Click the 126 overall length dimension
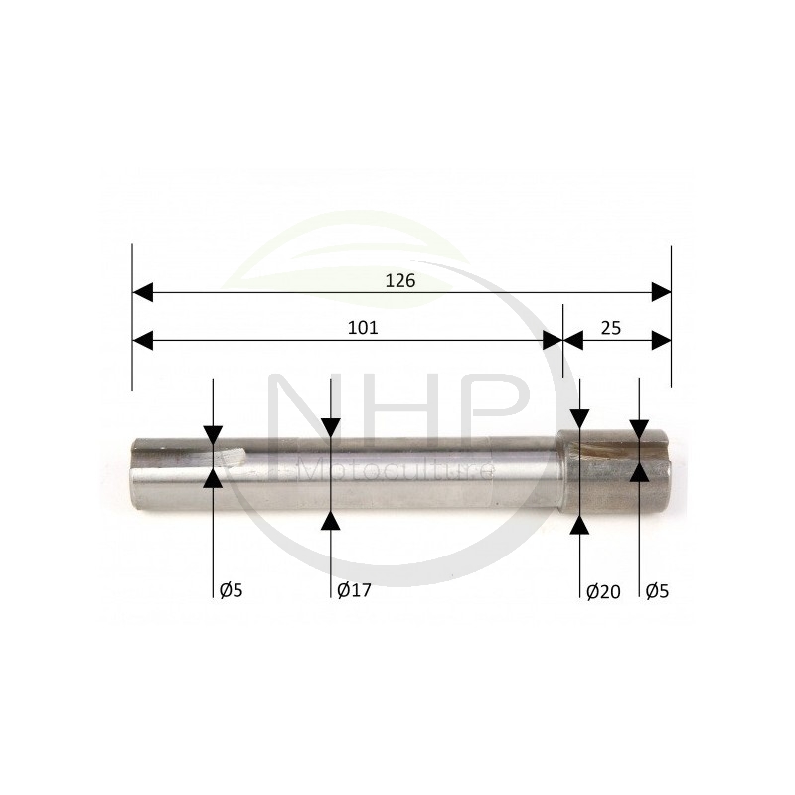pyautogui.click(x=400, y=280)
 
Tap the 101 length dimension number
pyautogui.click(x=363, y=328)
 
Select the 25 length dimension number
pyautogui.click(x=611, y=328)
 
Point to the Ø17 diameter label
pyautogui.click(x=354, y=590)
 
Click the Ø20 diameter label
pyautogui.click(x=603, y=591)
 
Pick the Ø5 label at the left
pyautogui.click(x=232, y=590)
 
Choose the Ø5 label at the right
pyautogui.click(x=658, y=590)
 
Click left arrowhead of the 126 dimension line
pyautogui.click(x=142, y=292)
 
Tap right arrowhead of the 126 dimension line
pyautogui.click(x=661, y=292)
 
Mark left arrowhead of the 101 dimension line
pyautogui.click(x=142, y=341)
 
